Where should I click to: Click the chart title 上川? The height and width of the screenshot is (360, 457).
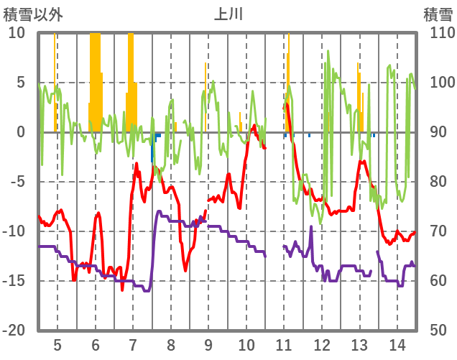pos(228,14)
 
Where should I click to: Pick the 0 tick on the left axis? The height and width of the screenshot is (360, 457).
pos(21,132)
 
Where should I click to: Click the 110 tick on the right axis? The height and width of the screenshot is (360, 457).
pos(439,33)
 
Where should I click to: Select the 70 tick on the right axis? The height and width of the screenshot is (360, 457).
pos(435,231)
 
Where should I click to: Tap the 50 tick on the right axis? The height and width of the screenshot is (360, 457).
pos(435,331)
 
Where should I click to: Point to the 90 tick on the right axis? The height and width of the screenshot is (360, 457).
pos(435,132)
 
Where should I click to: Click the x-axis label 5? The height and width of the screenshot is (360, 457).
pos(57,343)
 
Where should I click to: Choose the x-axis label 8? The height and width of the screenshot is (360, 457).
pos(171,343)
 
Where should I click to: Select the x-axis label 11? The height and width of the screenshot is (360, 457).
pos(284,343)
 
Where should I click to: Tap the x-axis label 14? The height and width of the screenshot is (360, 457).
pos(397,343)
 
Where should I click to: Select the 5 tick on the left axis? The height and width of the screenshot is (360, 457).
pos(21,83)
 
